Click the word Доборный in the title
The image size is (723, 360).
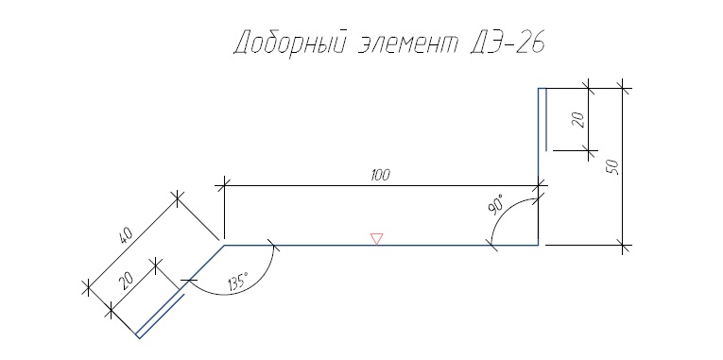290,43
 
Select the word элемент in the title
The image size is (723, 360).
407,44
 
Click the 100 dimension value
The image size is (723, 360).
381,175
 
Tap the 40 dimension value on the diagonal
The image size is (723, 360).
126,236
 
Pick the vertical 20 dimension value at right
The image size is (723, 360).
579,120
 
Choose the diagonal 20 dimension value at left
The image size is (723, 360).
126,280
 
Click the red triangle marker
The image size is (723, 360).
377,239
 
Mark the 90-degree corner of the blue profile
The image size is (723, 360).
538,246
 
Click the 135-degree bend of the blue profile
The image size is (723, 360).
225,246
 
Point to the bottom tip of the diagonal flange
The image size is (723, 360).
139,338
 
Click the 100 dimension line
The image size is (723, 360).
381,186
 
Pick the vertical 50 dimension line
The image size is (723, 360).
623,166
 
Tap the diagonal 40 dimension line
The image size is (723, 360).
132,244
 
